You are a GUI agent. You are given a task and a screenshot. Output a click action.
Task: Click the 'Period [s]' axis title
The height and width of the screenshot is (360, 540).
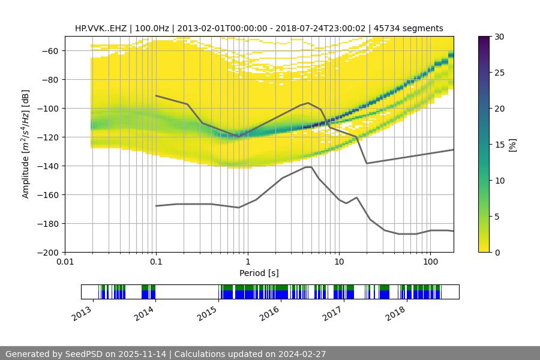(259, 273)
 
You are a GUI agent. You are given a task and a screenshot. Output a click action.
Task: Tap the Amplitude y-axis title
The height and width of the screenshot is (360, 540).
(26, 144)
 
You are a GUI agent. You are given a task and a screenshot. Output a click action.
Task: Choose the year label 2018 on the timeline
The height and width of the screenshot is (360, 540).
(395, 313)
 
